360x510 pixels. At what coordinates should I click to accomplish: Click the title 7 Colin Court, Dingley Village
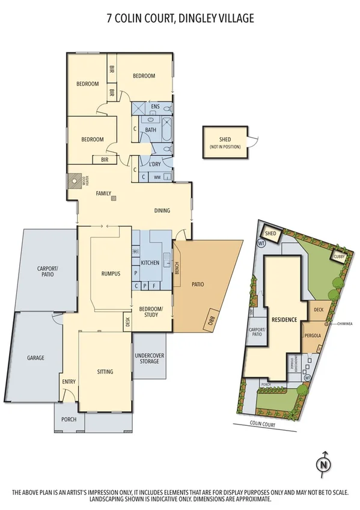(x=180, y=19)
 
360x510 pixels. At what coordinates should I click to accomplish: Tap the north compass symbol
(x=323, y=463)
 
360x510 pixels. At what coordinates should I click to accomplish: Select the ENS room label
(x=155, y=106)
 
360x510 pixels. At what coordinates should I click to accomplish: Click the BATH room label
(x=151, y=130)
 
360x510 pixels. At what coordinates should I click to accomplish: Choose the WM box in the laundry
(x=157, y=177)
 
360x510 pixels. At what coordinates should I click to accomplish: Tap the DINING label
(x=162, y=210)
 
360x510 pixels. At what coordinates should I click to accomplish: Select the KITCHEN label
(x=150, y=263)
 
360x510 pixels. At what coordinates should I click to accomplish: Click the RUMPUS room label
(x=111, y=274)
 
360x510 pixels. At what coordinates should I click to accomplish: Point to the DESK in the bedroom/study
(x=127, y=321)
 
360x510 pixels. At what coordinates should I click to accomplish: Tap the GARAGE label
(x=35, y=358)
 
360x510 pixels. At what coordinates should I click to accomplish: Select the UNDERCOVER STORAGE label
(x=150, y=359)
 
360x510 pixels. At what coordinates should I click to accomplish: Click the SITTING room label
(x=105, y=372)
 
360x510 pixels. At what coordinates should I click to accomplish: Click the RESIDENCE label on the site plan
(x=284, y=319)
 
